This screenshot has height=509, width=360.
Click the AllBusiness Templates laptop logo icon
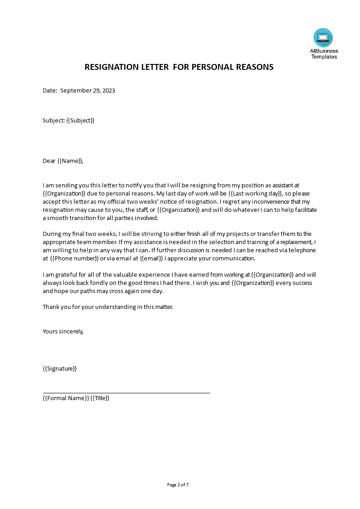323,38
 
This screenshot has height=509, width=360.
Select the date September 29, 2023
88,90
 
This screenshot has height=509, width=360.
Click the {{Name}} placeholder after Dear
70,161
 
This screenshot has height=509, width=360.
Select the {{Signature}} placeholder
59,368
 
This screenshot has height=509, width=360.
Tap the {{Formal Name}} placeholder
65,398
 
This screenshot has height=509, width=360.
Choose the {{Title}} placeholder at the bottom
100,398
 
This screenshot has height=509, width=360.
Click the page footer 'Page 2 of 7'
178,485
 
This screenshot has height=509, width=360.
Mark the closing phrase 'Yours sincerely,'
63,331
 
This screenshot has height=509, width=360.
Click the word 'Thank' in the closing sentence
51,307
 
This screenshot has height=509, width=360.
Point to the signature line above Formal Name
126,393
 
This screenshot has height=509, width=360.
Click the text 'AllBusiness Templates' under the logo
324,54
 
